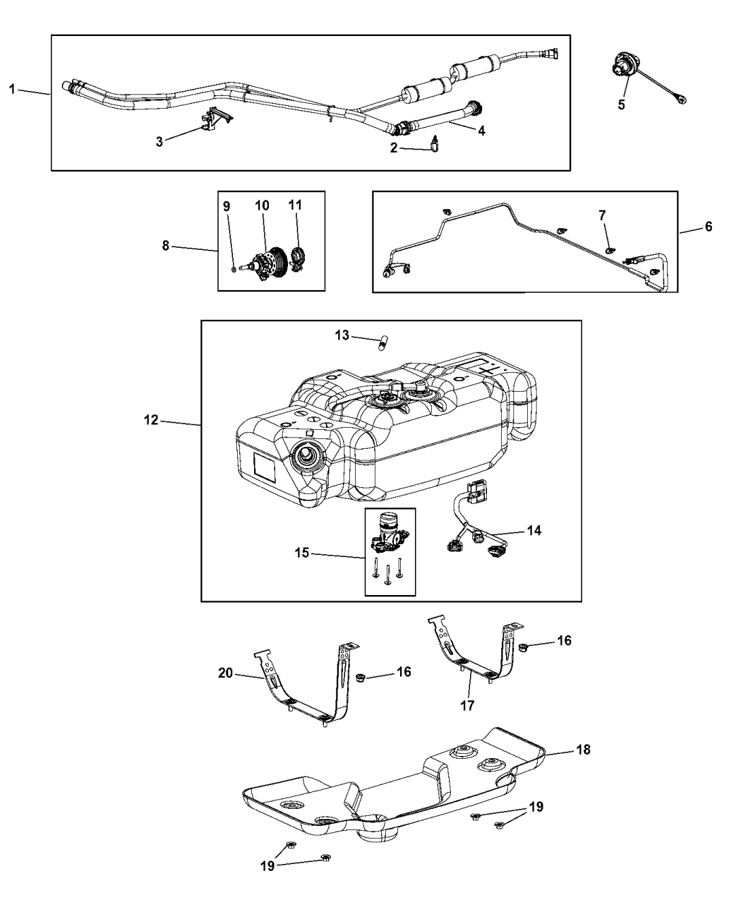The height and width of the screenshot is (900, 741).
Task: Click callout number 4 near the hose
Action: (x=481, y=131)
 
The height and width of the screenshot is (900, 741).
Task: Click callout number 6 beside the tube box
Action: (x=709, y=227)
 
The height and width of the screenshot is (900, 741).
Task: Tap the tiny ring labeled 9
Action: (x=234, y=269)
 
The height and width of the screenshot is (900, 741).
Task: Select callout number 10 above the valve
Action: (x=262, y=205)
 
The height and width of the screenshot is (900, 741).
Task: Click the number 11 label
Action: (x=295, y=205)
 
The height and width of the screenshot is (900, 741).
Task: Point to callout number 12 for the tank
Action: (x=151, y=421)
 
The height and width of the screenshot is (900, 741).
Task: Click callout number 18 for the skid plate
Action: (x=583, y=750)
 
